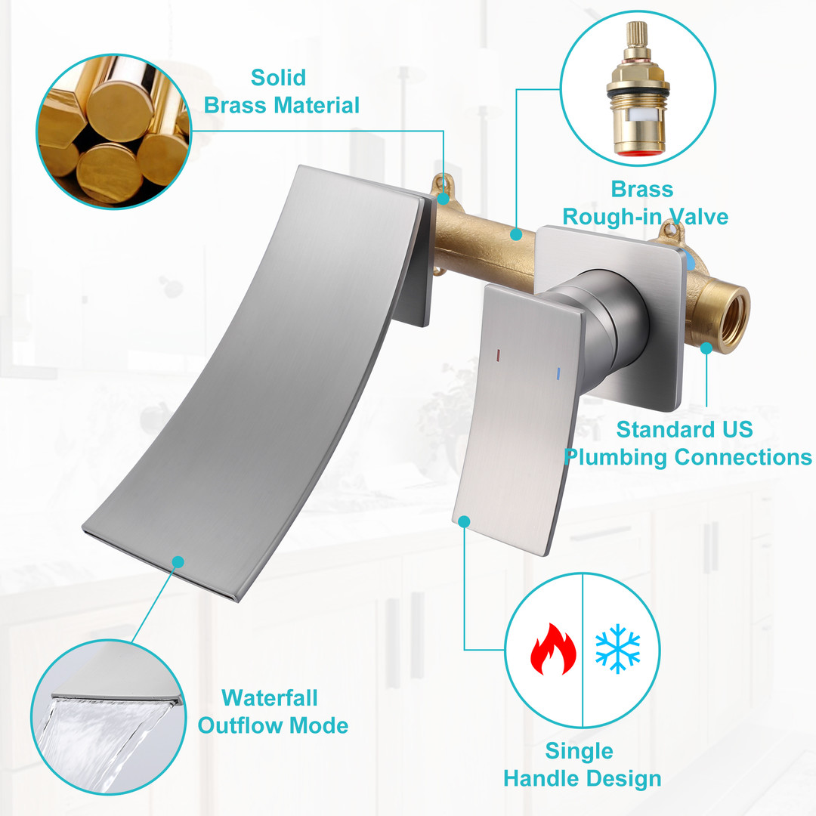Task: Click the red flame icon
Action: (553, 649)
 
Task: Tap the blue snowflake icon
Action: (618, 648)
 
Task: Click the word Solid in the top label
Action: (278, 78)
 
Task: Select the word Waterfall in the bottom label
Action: (270, 698)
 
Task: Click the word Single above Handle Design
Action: (580, 752)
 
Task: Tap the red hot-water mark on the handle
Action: (497, 355)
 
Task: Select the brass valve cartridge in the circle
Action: (638, 88)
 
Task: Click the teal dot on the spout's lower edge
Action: (178, 562)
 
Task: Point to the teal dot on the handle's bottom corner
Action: (464, 521)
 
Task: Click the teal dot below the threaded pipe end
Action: (706, 348)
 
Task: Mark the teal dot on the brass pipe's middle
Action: (516, 234)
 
